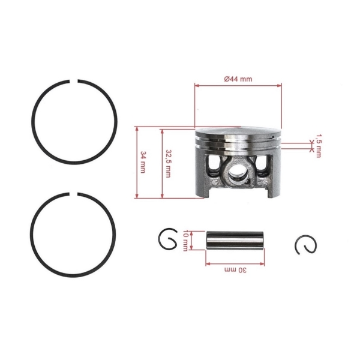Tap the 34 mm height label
point(143,162)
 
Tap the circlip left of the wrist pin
point(168,241)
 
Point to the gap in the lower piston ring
point(76,194)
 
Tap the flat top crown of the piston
point(238,131)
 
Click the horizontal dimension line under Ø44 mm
point(238,86)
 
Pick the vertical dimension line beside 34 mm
point(137,162)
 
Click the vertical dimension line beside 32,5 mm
point(162,162)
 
